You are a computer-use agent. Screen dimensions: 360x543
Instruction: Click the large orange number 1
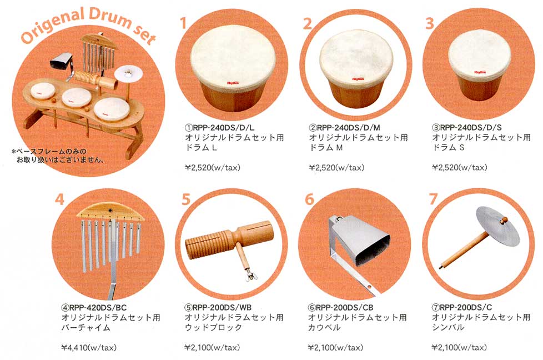(184, 23)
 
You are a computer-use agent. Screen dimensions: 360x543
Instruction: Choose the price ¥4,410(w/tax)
(89, 347)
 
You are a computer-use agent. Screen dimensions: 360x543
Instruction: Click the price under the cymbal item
(459, 347)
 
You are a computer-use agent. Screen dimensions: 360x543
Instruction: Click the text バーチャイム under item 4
(86, 328)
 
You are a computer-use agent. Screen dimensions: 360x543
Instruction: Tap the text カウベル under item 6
(324, 328)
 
